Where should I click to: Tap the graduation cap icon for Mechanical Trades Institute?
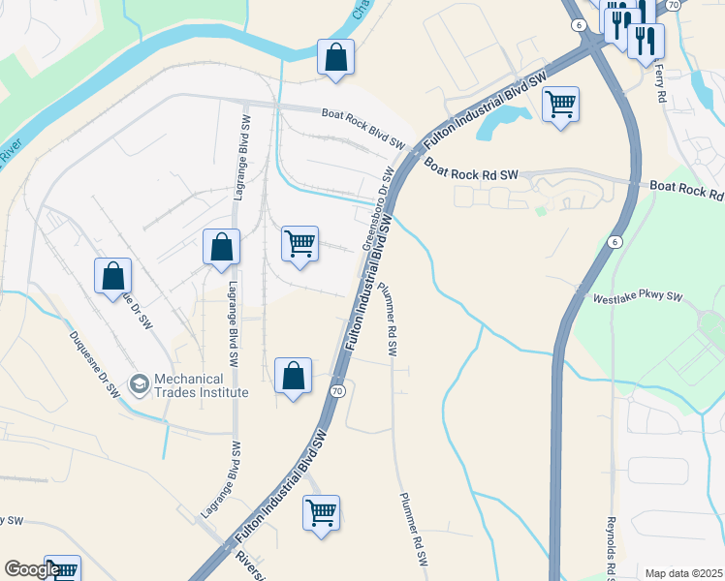140,384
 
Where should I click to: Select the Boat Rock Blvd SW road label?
362,128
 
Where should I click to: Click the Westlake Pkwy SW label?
639,298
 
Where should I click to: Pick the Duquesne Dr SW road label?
93,367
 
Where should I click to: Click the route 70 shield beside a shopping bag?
336,391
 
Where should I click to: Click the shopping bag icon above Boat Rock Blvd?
335,58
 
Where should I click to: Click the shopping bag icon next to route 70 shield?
293,377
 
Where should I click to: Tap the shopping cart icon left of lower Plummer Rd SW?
321,512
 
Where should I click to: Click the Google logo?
32,570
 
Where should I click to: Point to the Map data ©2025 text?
683,573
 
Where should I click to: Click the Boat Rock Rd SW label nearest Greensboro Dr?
471,169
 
